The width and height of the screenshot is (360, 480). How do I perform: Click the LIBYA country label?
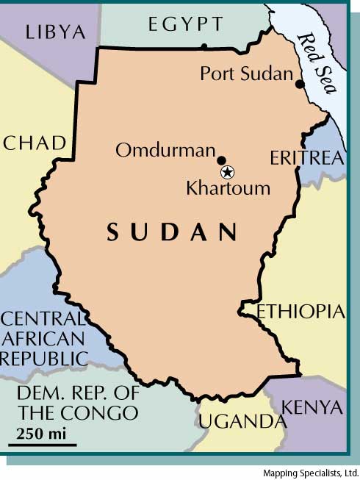55,32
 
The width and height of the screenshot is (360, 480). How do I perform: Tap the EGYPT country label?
185,24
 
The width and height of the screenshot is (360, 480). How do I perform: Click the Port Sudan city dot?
300,85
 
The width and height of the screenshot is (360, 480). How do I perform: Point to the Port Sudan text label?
246,74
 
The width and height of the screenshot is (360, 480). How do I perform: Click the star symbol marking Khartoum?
228,172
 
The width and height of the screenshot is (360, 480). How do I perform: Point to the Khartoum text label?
228,188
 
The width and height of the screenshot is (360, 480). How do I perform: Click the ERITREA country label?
306,158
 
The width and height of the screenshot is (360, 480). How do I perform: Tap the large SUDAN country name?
173,232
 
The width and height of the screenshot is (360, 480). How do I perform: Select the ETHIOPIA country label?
300,312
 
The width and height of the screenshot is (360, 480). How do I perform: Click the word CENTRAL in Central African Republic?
43,319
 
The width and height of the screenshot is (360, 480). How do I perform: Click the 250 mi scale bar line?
43,444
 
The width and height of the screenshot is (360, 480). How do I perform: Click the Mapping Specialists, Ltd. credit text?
310,473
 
